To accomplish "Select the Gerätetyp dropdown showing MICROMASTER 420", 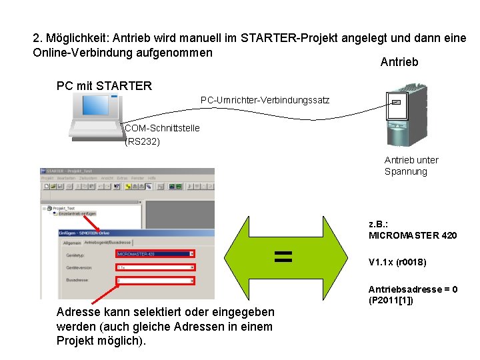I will tap(155, 254).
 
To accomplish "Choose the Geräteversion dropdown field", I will tap(155, 267).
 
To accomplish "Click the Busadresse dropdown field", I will tap(155, 281).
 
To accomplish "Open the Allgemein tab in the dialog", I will tap(71, 243).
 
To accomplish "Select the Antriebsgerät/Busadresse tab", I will tap(107, 243).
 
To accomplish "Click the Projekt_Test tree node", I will tap(64, 208).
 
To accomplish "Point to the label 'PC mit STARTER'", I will tap(105, 85).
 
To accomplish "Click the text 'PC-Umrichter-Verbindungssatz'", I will tap(265, 101).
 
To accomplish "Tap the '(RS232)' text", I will tap(142, 141).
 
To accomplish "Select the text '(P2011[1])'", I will tap(391, 300).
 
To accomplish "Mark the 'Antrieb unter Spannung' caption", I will tap(411, 165).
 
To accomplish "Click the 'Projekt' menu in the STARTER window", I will tap(47, 179).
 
